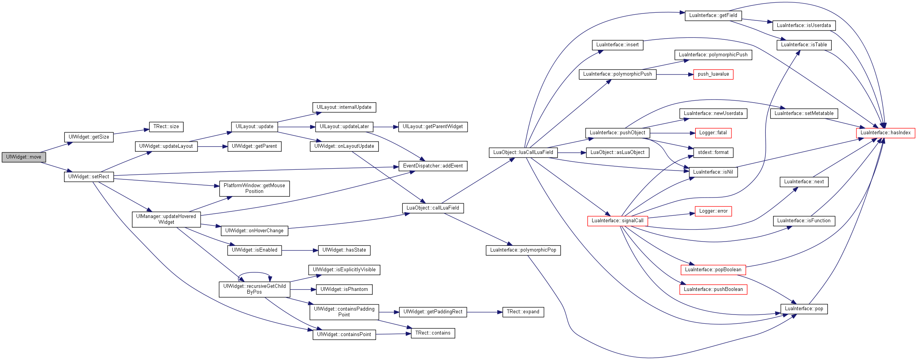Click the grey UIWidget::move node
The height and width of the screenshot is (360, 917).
[24, 157]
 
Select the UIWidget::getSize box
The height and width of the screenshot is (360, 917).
[89, 137]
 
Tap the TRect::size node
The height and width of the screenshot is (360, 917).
[166, 127]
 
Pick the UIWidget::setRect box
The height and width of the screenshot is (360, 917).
[89, 177]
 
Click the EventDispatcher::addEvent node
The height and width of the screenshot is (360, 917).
[433, 166]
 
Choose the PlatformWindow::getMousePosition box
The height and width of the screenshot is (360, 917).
[254, 188]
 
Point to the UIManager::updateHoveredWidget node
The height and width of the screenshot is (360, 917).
[166, 219]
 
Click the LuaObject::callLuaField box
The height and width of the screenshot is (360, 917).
[433, 208]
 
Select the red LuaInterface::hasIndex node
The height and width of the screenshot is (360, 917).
[885, 133]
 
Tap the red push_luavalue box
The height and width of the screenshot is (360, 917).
[713, 74]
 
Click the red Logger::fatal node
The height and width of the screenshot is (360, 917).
[713, 133]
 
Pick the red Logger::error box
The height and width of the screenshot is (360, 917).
[713, 211]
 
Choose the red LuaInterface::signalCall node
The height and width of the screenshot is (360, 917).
[618, 221]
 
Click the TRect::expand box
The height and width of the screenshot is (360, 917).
[523, 312]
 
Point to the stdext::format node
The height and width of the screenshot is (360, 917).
[713, 152]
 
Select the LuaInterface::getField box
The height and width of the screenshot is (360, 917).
[713, 15]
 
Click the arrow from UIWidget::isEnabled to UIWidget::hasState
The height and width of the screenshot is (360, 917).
[300, 250]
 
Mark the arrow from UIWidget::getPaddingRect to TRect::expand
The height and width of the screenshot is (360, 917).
[485, 312]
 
